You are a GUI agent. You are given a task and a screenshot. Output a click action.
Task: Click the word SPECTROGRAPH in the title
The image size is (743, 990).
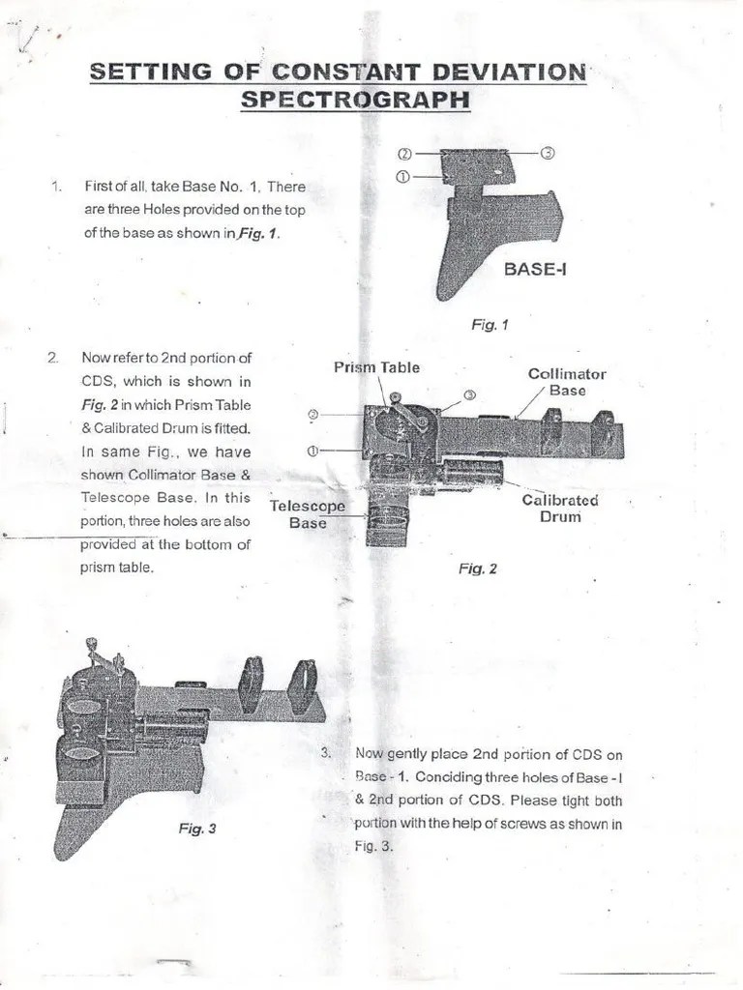coord(355,99)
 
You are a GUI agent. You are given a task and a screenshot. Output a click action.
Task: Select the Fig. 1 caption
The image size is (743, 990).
coord(490,326)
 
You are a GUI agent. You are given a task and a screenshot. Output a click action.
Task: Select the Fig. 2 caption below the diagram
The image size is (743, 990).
coord(477,569)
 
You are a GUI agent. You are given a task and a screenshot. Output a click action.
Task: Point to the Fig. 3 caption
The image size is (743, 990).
coord(197,829)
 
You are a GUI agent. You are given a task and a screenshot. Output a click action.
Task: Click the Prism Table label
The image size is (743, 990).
coord(376,367)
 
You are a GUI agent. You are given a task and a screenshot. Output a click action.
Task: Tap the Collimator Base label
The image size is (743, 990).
coord(567,382)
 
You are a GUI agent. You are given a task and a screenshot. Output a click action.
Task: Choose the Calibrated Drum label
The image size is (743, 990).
coord(560,509)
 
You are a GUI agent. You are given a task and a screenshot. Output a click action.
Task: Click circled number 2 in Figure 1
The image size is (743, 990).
coord(404,154)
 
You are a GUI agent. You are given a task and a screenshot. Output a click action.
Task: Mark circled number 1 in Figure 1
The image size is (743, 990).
coord(404,177)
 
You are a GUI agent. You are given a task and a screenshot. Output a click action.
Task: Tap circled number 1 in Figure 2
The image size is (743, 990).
coord(312,451)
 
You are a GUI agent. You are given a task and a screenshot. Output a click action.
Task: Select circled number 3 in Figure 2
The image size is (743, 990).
coord(469,395)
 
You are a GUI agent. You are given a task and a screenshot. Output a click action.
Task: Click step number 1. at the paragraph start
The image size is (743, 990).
coord(55,187)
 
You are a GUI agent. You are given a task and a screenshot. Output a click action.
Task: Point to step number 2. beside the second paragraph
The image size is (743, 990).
coord(52,358)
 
